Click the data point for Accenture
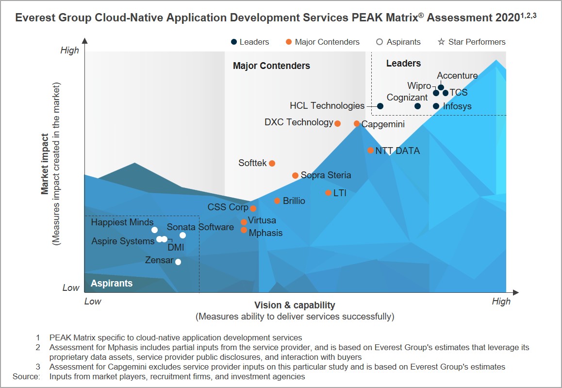coord(441,87)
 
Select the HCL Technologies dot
coord(380,106)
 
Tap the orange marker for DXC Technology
coord(338,123)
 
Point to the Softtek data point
coord(272,163)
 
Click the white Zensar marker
coord(178,262)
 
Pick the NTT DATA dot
coord(370,151)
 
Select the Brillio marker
coord(277,201)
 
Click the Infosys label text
coord(457,106)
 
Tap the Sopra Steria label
coord(326,175)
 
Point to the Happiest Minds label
coord(122,222)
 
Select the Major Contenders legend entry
coord(327,42)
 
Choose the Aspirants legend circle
coord(380,42)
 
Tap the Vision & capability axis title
coord(295,305)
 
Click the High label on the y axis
coord(69,51)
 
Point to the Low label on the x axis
coord(93,302)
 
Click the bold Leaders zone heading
coord(403,64)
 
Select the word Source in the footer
coord(26,376)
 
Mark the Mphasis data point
coord(244,230)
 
